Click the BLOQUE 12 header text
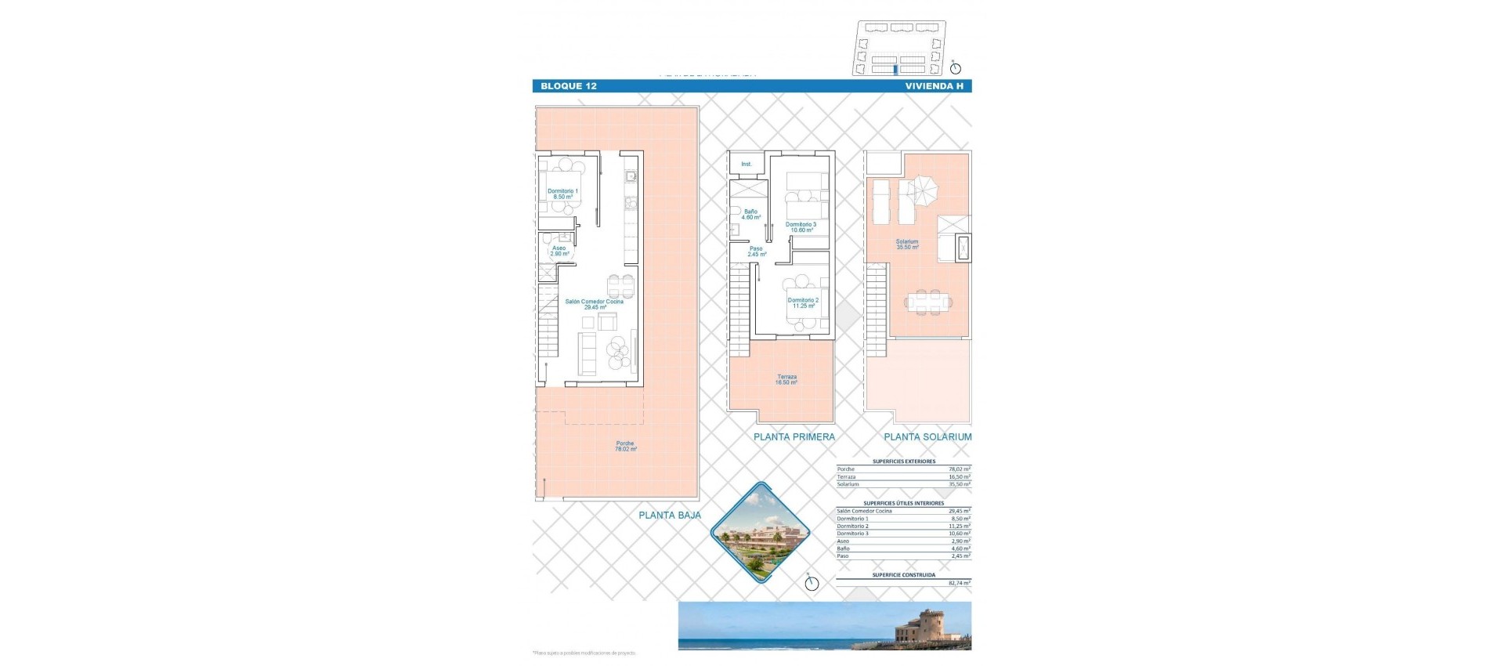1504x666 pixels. point(568,86)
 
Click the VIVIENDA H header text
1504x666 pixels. point(934,86)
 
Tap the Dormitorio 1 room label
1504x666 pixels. point(562,194)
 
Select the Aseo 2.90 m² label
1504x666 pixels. point(559,251)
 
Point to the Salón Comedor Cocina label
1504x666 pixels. point(594,304)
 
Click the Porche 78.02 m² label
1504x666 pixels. point(625,446)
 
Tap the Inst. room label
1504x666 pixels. point(746,164)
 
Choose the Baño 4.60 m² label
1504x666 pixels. point(750,214)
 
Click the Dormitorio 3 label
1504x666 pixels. point(801,227)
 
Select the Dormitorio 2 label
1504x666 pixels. point(803,302)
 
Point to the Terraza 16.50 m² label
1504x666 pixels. point(786,379)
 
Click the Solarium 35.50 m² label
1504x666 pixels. point(907,244)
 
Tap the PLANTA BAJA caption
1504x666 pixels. point(670,516)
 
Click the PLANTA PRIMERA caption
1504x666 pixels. point(794,437)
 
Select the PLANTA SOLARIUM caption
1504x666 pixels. point(927,437)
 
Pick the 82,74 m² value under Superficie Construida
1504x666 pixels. point(959,584)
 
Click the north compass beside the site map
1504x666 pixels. point(955,68)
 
